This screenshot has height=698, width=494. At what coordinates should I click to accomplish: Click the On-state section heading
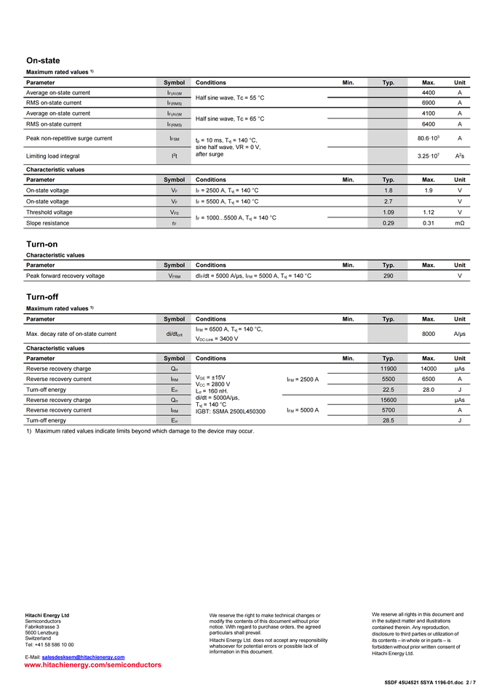click(43, 60)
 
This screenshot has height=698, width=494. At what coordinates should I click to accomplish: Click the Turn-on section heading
click(41, 244)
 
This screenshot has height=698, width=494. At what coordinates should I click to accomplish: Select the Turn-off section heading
click(42, 297)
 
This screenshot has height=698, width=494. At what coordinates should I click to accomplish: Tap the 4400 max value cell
click(429, 93)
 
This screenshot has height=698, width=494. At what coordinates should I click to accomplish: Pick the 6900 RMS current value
click(429, 103)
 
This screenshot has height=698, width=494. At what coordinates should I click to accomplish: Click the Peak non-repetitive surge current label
click(69, 138)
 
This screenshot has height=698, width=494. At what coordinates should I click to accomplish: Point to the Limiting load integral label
click(52, 156)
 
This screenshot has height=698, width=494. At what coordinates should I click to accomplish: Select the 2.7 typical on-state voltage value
click(389, 201)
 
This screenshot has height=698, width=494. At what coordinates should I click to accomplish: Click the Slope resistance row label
click(48, 222)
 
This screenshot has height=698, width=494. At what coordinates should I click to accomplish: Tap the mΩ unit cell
click(460, 222)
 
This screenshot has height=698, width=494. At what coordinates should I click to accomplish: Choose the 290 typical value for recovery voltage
click(389, 276)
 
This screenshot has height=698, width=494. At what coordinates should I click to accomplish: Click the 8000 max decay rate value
click(429, 334)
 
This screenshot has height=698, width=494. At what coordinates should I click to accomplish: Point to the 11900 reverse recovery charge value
click(389, 369)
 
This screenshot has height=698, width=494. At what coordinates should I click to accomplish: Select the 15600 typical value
click(389, 400)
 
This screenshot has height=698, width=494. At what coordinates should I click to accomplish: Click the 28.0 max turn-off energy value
click(429, 389)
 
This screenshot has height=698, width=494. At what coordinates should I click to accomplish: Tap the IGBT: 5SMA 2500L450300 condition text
click(231, 412)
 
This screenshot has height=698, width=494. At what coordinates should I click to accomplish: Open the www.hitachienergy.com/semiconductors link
click(93, 665)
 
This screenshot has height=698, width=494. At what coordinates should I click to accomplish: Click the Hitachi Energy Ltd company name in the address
click(47, 615)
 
